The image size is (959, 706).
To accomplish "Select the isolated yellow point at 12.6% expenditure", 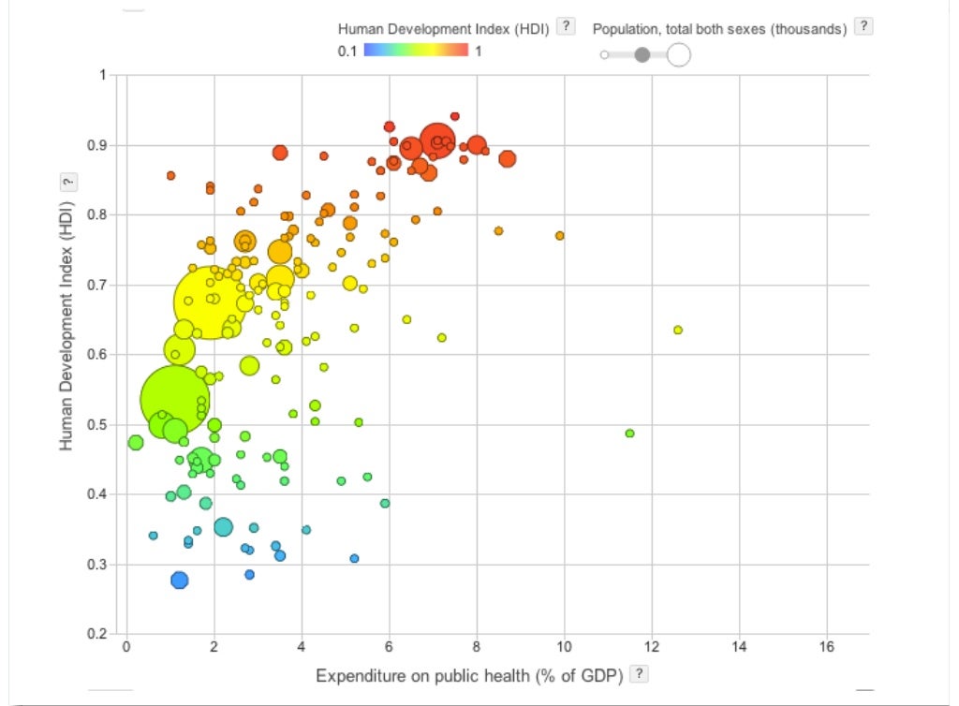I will point(678,330).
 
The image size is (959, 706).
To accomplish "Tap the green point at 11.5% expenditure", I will point(629,434).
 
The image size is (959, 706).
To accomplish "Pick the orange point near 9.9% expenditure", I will point(559,236).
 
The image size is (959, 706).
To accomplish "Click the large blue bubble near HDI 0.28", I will point(180,581).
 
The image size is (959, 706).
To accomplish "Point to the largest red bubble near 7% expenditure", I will point(437,140).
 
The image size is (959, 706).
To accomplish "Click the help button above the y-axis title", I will point(66,182).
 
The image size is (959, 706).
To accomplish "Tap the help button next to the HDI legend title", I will point(565,27).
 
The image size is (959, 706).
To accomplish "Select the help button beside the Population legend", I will point(863,27).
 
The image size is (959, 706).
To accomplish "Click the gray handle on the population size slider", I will point(642,55).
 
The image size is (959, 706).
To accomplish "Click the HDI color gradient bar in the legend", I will point(415,51).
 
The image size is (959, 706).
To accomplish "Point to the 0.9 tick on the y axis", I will point(96,145).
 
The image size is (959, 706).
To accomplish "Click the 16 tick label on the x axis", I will point(827,647).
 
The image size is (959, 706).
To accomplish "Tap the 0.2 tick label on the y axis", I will point(96,635).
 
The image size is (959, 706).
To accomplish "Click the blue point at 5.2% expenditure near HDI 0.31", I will point(354,558).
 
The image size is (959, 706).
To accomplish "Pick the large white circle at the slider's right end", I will point(678,55).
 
